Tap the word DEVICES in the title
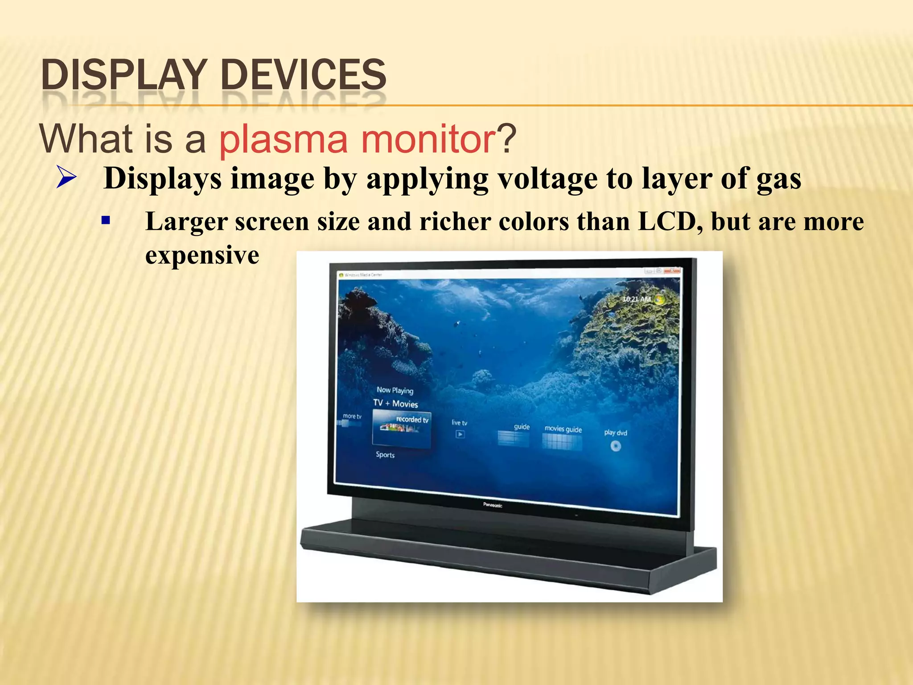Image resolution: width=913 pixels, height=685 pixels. click(x=303, y=74)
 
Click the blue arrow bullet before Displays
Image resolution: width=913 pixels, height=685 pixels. click(x=66, y=179)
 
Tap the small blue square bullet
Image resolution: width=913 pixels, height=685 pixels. click(x=106, y=220)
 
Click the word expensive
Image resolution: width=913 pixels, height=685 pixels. click(x=202, y=255)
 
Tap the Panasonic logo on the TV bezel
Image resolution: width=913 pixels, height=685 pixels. click(x=493, y=505)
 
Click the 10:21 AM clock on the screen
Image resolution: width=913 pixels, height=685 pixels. click(x=637, y=299)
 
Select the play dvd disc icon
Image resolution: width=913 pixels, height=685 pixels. click(x=616, y=446)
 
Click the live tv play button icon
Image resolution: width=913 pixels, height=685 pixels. click(x=460, y=434)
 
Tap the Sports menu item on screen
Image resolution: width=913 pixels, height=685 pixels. click(x=385, y=455)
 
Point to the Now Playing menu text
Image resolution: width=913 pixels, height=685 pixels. click(x=395, y=390)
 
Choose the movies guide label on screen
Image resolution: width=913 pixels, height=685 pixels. click(x=563, y=429)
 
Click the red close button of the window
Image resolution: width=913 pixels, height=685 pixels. click(x=672, y=270)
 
